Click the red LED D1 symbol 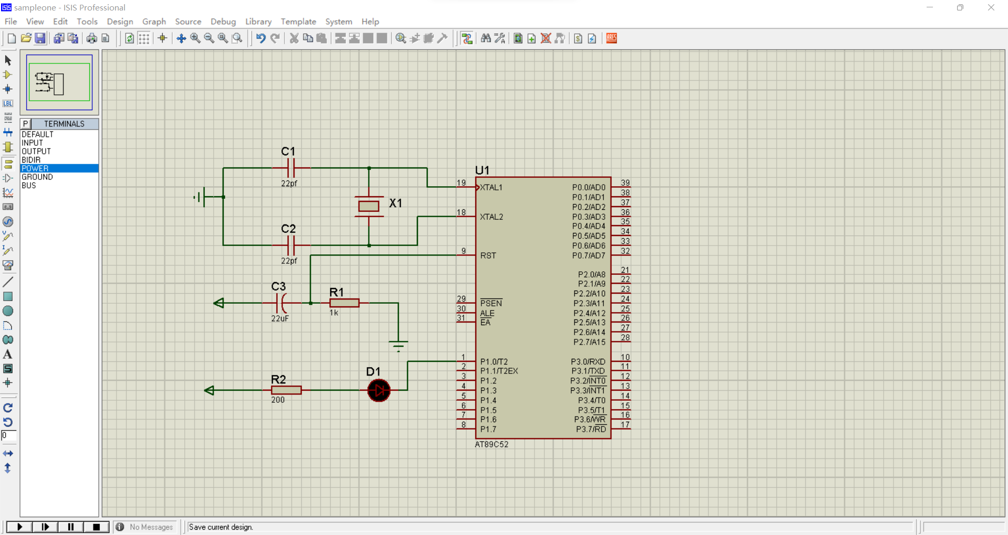[379, 390]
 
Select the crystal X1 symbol [369, 206]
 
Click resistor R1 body [344, 303]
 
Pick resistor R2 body [286, 390]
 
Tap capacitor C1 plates [291, 168]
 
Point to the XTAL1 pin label [491, 187]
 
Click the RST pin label [488, 255]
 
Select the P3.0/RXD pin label [588, 361]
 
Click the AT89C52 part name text [491, 444]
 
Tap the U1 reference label [482, 170]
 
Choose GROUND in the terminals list [37, 177]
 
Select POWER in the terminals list [35, 168]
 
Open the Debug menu [223, 22]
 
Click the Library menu [258, 22]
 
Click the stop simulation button [97, 527]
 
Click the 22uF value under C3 [280, 318]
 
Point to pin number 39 [625, 183]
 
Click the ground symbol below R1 [398, 345]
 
